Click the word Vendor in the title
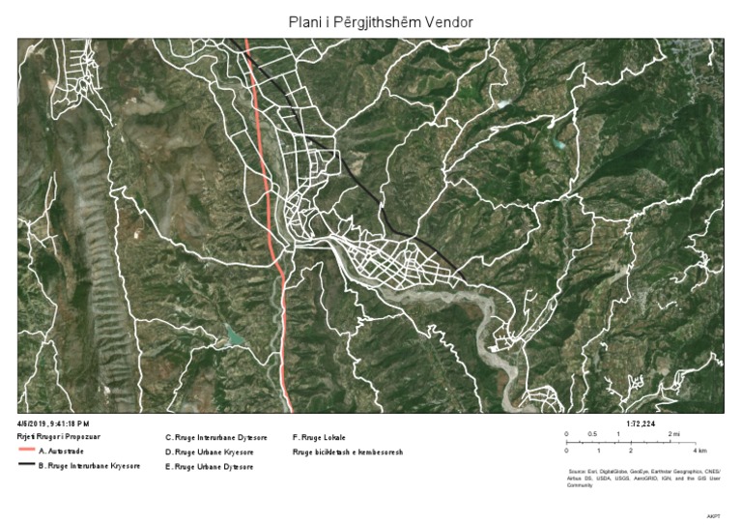(445, 21)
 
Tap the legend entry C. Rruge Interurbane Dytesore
(216, 438)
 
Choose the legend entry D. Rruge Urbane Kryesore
(210, 452)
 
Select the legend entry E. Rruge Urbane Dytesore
(210, 467)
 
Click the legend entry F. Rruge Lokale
(319, 438)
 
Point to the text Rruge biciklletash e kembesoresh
(347, 452)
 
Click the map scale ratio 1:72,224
(642, 424)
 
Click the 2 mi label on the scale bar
(673, 435)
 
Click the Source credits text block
(644, 476)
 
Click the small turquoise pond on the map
(234, 336)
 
